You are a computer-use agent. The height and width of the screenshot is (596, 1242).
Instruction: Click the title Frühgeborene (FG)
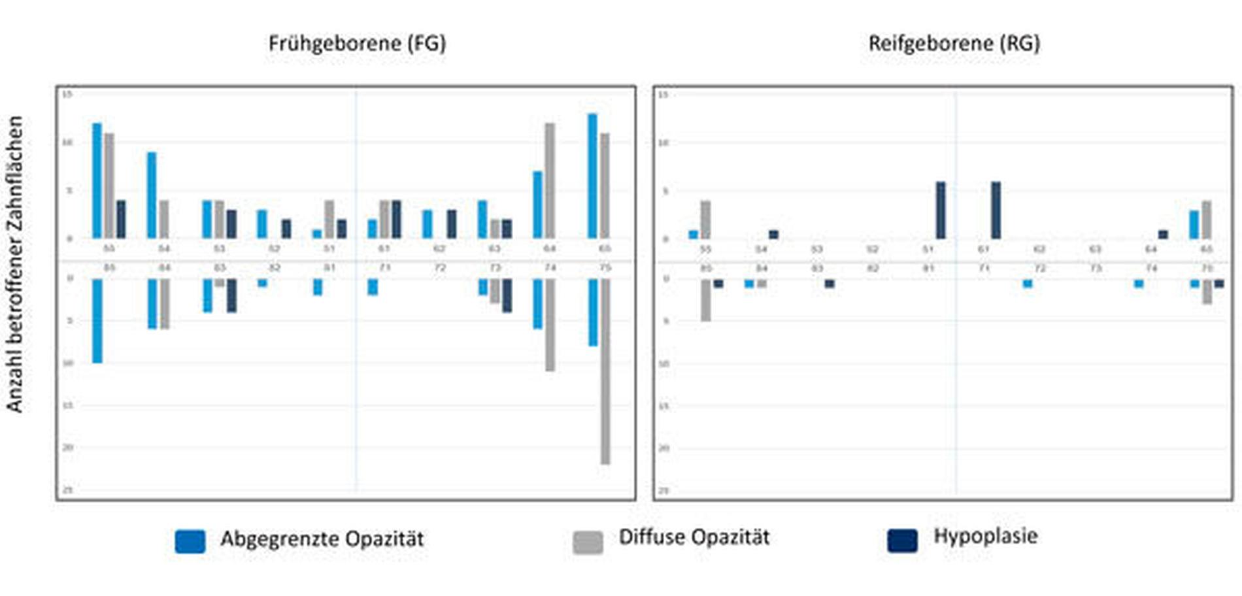click(357, 43)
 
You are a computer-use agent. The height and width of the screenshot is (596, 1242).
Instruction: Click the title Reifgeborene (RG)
click(954, 43)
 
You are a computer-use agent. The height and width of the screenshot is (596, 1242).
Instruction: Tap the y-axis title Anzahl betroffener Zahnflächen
click(15, 264)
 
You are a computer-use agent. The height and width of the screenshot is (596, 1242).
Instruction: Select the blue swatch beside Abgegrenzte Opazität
click(190, 541)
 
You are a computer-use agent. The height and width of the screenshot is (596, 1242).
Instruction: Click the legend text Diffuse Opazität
click(694, 537)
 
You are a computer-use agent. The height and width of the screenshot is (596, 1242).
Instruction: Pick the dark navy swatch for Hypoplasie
click(902, 540)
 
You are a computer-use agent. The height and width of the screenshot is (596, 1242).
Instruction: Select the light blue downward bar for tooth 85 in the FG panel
click(97, 320)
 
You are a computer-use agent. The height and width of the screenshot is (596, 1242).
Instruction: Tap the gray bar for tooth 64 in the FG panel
click(550, 180)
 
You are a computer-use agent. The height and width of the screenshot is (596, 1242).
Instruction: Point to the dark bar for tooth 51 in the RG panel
click(941, 210)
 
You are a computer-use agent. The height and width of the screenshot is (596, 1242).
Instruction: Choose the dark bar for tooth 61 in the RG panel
click(996, 210)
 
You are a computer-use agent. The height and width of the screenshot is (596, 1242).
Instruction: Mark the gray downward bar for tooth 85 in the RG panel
click(706, 300)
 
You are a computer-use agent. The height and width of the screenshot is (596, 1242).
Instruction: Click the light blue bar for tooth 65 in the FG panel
click(592, 176)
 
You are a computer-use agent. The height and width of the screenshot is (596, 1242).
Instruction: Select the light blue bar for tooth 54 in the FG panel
click(152, 195)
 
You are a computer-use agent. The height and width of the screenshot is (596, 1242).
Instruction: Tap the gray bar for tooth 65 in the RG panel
click(1206, 220)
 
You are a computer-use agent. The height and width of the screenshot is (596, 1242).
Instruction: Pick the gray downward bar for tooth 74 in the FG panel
click(550, 325)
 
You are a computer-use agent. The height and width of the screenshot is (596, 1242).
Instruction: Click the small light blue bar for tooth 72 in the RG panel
click(1028, 284)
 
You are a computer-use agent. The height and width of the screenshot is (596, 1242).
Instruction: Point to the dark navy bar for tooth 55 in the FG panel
click(121, 219)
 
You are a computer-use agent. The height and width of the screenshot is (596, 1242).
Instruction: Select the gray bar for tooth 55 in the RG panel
click(705, 220)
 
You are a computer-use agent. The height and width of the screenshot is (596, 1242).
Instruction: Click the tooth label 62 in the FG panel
click(439, 249)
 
